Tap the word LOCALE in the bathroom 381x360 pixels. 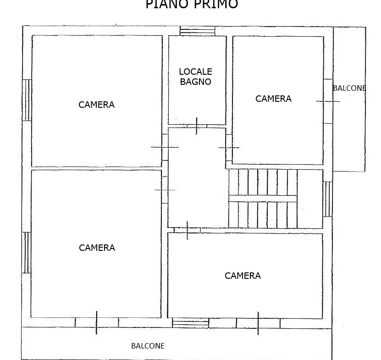(x=196, y=72)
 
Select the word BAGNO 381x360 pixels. (x=196, y=82)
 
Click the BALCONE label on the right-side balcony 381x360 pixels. (x=349, y=88)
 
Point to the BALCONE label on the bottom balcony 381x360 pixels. (x=148, y=346)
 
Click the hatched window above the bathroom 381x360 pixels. (x=197, y=31)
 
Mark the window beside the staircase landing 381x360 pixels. (x=327, y=199)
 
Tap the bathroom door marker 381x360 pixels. (x=197, y=126)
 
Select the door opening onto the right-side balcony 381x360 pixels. (x=328, y=101)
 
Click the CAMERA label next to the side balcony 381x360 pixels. (x=273, y=99)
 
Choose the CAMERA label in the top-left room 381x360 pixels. (x=96, y=105)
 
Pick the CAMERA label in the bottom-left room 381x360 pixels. (x=97, y=248)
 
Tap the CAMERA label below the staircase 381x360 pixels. (x=243, y=276)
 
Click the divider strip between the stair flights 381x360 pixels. (x=263, y=199)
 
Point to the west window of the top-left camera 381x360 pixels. (x=27, y=100)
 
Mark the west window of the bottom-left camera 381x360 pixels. (x=26, y=253)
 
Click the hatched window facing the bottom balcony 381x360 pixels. (x=191, y=323)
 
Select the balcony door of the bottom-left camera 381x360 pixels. (x=96, y=322)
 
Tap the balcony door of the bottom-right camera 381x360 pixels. (x=258, y=323)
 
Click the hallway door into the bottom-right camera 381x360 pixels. (x=188, y=230)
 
